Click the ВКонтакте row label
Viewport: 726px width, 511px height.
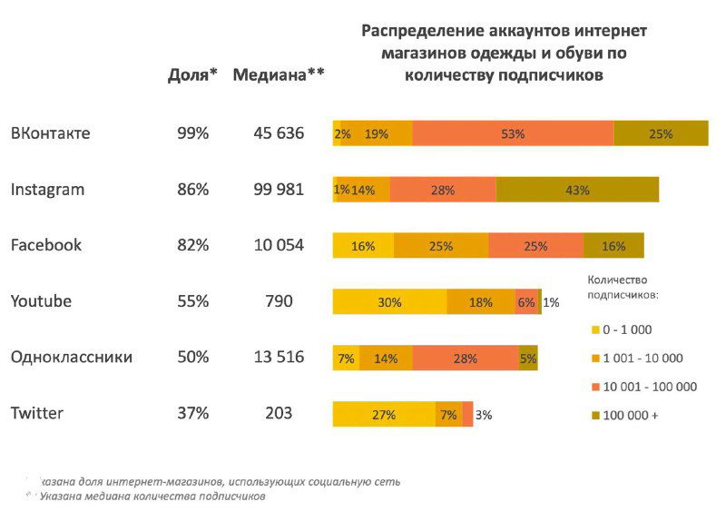50,133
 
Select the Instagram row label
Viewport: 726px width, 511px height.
47,190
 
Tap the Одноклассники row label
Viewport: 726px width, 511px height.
71,357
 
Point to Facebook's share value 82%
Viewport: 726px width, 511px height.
192,245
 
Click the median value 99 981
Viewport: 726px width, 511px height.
279,190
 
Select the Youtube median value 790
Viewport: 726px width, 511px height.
279,301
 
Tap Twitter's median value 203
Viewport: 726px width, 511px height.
279,413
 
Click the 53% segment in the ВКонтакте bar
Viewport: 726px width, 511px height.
513,133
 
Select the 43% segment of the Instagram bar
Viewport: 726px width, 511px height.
577,190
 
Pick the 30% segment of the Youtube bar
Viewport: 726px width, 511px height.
389,302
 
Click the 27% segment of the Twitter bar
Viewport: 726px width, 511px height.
384,415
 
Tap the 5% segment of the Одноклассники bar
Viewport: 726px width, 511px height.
528,359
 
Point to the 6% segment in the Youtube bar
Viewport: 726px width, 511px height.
526,302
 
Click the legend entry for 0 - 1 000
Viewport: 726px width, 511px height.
626,329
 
